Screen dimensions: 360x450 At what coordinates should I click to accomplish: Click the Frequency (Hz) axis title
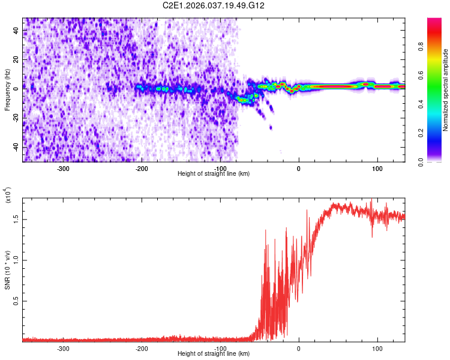[8, 90]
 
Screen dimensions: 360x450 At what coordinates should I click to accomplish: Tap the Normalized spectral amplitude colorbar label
[445, 90]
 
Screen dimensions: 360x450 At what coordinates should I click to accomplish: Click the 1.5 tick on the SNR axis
[16, 219]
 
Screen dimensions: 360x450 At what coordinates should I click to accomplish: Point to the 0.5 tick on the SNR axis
[16, 301]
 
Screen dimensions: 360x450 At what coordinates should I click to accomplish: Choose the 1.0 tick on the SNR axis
[16, 260]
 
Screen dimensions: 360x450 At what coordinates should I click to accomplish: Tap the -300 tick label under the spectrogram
[64, 169]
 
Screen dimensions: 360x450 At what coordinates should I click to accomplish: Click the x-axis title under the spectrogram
[214, 174]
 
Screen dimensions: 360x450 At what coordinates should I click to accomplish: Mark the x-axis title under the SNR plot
[214, 354]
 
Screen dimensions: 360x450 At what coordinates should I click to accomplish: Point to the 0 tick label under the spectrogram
[299, 169]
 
